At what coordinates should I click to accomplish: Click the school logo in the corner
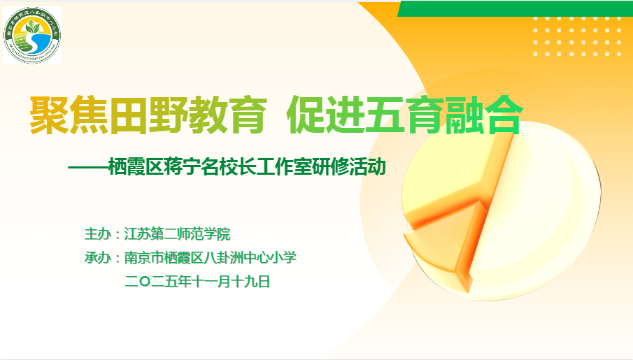coord(32,35)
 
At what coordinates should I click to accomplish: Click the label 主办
coord(97,233)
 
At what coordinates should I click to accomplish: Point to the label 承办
coord(97,258)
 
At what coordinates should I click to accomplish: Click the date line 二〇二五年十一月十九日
coord(197,282)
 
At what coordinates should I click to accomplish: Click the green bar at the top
coord(515,8)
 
